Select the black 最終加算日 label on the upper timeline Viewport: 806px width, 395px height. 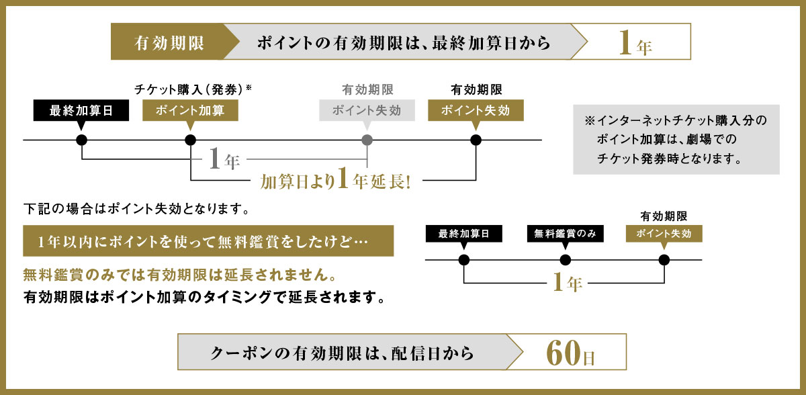[81, 111]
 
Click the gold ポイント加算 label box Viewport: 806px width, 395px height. [190, 111]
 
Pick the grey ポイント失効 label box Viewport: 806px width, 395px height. [367, 111]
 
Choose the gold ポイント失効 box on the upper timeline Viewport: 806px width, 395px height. [476, 111]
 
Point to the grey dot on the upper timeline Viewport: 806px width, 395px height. [367, 140]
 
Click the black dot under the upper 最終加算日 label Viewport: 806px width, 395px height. [81, 140]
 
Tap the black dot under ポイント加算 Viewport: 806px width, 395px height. [190, 140]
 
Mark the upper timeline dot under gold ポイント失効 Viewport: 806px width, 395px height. [476, 140]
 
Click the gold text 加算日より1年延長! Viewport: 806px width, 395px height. [335, 181]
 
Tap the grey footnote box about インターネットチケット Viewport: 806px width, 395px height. [676, 139]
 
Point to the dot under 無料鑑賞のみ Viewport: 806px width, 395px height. [565, 261]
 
